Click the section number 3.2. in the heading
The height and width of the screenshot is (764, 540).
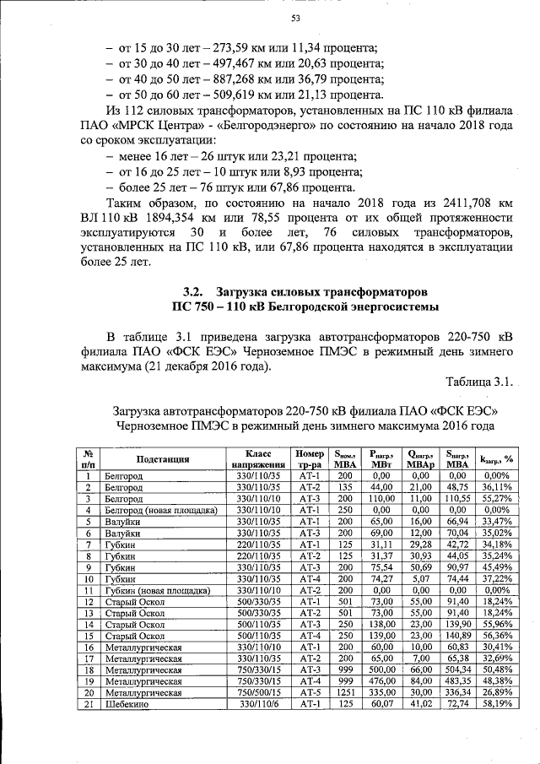(197, 290)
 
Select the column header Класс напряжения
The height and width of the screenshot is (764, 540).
(258, 459)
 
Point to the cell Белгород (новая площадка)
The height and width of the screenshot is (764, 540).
(159, 510)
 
